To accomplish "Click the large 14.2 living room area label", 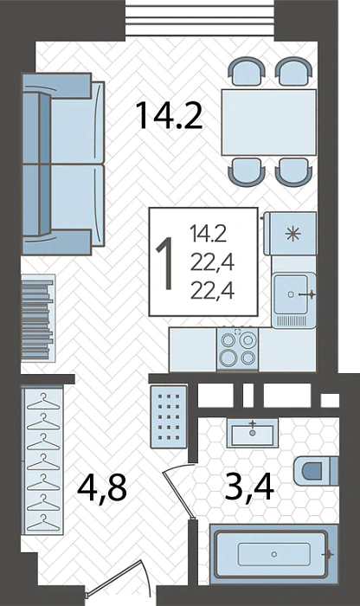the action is point(170,114).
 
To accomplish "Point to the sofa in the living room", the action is point(62,164).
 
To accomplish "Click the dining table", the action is point(269,122).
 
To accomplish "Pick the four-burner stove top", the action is point(238,349).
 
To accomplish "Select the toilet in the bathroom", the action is point(316,471).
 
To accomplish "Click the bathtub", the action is point(273,555).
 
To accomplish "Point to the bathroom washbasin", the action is point(253,433).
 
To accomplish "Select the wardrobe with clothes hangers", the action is point(42,460).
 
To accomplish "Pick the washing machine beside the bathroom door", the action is point(169,416).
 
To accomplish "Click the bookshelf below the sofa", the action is point(38,318).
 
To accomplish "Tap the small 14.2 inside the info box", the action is point(208,235).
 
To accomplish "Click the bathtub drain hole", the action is point(273,554).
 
